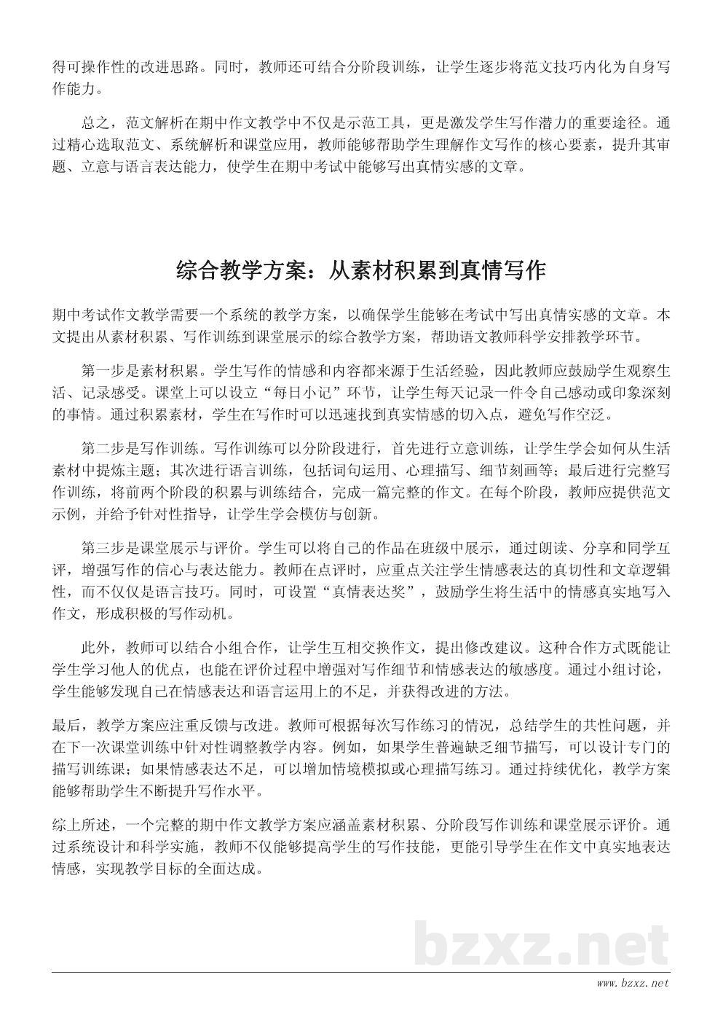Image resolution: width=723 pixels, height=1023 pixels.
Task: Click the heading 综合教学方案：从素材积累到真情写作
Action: click(361, 271)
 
